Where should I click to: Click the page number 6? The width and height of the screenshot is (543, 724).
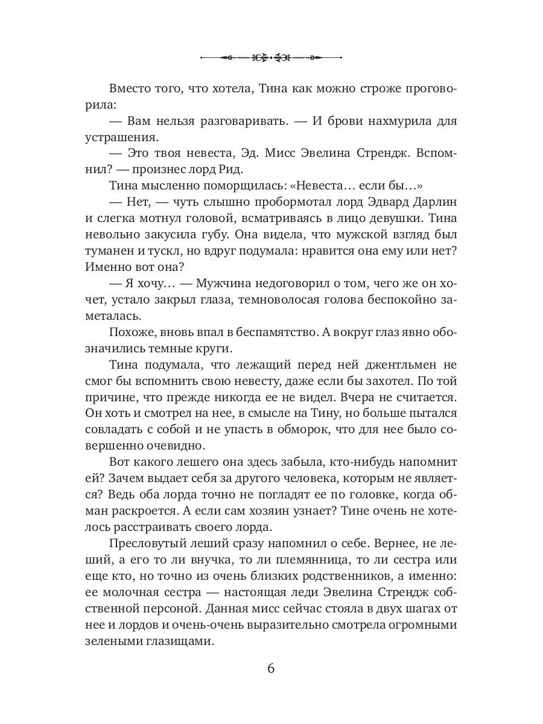coord(271,668)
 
